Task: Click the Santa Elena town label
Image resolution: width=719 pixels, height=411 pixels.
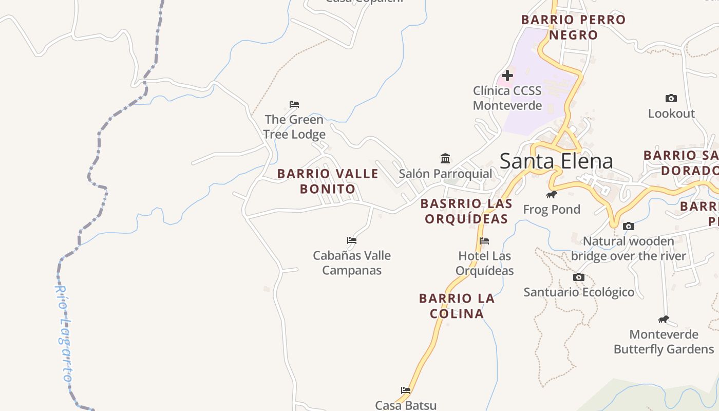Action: [556, 161]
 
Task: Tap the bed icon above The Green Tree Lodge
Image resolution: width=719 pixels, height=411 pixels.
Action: [294, 104]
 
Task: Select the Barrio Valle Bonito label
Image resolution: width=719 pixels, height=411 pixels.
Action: [328, 181]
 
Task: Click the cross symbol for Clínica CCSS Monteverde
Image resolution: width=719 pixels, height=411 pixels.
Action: [507, 76]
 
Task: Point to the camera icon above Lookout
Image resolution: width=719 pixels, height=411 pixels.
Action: [671, 98]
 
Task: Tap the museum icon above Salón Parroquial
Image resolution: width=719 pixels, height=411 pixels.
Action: [445, 158]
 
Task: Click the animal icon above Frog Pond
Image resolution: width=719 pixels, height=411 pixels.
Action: [552, 194]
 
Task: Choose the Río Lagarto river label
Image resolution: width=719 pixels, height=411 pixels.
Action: [64, 334]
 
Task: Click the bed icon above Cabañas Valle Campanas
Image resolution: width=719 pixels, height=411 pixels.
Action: [352, 240]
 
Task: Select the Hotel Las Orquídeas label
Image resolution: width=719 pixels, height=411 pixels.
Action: [485, 263]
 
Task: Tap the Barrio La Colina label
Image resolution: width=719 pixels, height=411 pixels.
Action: [457, 306]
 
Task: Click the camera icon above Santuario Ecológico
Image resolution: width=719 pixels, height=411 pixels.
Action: [579, 277]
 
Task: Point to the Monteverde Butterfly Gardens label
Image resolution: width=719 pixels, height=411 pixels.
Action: [664, 342]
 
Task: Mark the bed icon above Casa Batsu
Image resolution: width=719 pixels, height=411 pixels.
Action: [406, 390]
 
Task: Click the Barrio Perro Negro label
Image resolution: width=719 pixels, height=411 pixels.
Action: [573, 27]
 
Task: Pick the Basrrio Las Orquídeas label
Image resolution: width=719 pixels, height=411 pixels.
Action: [466, 211]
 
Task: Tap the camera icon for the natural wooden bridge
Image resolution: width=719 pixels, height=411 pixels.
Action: [628, 226]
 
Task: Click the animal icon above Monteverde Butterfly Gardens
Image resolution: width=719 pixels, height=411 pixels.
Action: [664, 319]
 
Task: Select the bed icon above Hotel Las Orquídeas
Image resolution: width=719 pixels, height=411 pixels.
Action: [484, 240]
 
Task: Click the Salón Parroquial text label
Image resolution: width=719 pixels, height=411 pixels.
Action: [445, 174]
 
